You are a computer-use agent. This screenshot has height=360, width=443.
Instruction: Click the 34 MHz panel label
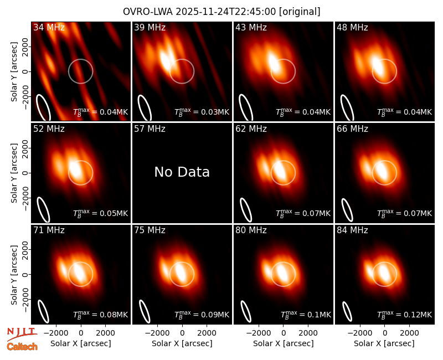(49, 27)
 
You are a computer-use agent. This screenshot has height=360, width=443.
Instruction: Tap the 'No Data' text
(182, 172)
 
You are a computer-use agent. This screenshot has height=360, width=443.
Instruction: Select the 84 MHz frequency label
(352, 230)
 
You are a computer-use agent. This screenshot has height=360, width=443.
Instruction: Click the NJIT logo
(22, 334)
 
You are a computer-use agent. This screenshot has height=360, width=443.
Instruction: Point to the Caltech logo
(22, 347)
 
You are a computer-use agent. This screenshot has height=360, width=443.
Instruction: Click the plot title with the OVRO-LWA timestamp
(221, 12)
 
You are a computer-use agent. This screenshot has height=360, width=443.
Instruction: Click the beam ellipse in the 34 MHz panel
(43, 107)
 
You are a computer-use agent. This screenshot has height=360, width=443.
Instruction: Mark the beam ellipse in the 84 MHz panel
(347, 311)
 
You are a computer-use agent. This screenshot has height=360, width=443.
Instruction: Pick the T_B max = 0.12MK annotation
(404, 314)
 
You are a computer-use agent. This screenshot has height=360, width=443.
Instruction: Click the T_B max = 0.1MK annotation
(306, 314)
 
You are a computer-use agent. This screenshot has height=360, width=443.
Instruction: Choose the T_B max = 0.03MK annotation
(202, 112)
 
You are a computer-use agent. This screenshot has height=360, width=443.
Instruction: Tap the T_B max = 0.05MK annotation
(100, 213)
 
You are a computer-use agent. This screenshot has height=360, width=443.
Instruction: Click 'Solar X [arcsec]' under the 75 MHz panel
(182, 343)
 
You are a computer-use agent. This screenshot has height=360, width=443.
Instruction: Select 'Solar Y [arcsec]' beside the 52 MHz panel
(14, 173)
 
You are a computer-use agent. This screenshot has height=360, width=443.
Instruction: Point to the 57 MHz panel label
(150, 129)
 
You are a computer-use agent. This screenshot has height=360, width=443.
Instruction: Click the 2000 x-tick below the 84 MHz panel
(409, 333)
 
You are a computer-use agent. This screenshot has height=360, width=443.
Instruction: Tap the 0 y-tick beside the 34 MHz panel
(25, 71)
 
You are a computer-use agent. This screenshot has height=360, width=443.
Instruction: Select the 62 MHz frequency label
(251, 129)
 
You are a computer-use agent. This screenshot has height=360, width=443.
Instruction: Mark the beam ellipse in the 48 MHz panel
(347, 107)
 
